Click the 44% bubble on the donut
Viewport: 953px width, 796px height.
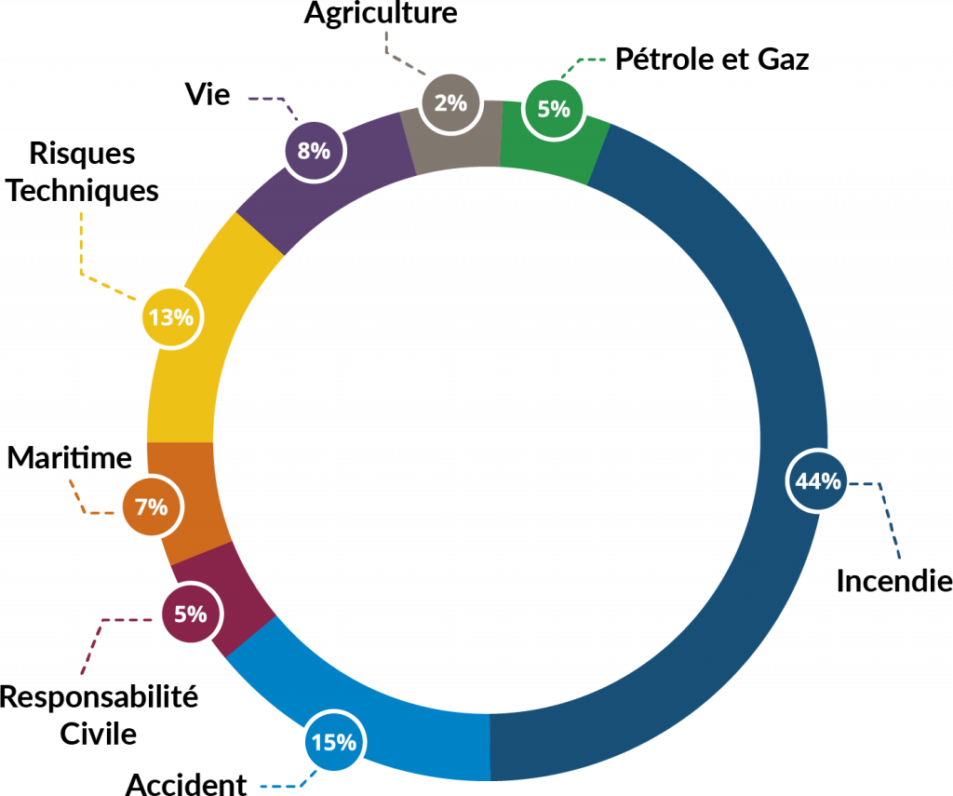pos(817,481)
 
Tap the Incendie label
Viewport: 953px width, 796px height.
pos(894,581)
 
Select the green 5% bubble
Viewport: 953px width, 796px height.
pos(554,110)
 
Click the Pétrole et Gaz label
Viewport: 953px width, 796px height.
pos(712,60)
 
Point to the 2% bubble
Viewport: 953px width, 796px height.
pos(450,102)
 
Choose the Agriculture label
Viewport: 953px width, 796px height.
pos(381,14)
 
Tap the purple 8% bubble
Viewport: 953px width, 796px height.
pos(315,151)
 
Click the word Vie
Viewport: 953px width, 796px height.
pos(208,95)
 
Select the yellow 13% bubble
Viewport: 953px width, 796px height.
pos(171,317)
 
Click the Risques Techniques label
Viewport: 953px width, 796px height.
pos(82,172)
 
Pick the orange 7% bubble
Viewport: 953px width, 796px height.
pos(152,506)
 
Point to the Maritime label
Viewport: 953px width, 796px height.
pos(69,458)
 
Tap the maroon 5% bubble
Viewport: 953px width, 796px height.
pos(191,614)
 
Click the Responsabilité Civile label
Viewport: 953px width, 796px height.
pos(99,715)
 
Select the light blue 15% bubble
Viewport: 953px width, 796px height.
pos(334,742)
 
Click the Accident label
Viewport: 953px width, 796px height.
pos(186,784)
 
